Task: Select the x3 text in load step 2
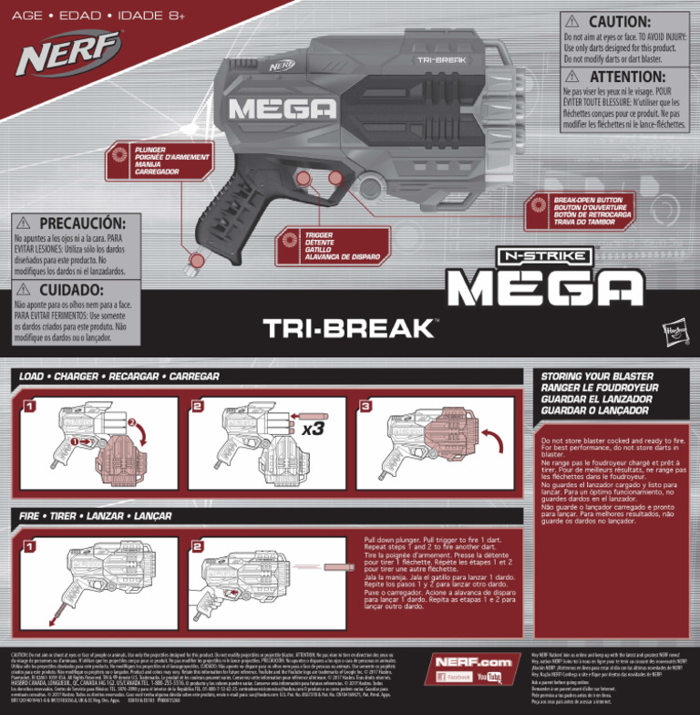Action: point(313,428)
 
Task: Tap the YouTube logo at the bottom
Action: point(489,678)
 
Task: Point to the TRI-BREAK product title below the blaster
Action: point(349,328)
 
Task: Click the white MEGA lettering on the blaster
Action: point(271,109)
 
